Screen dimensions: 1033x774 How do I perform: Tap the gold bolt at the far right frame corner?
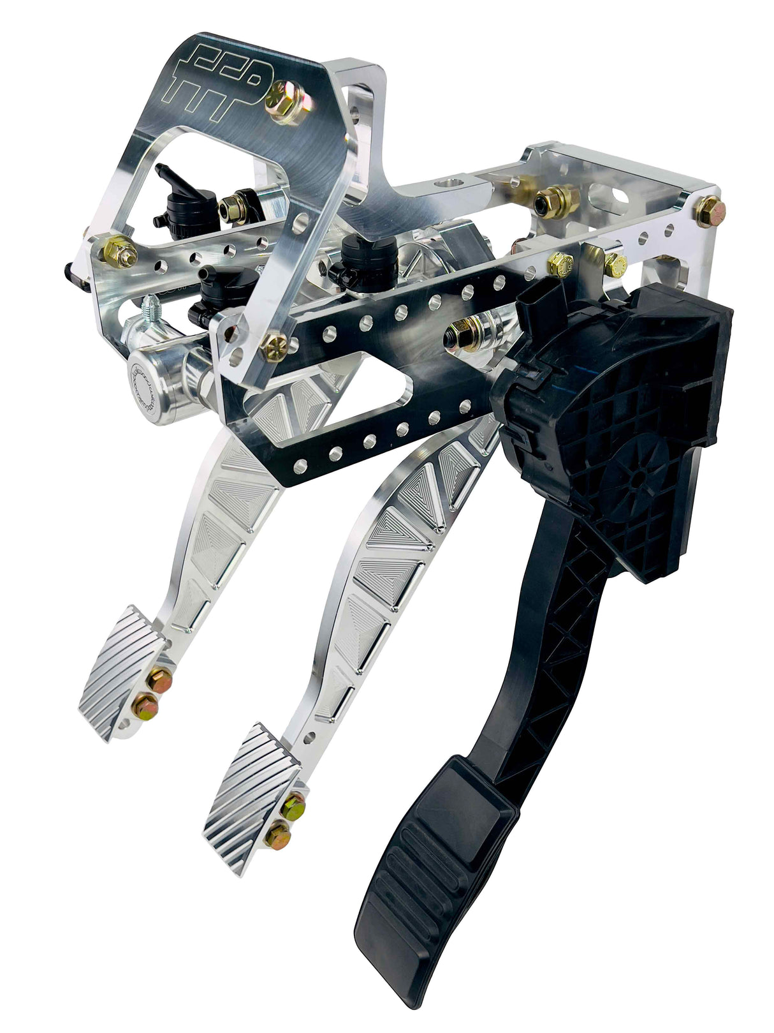coord(709,212)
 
